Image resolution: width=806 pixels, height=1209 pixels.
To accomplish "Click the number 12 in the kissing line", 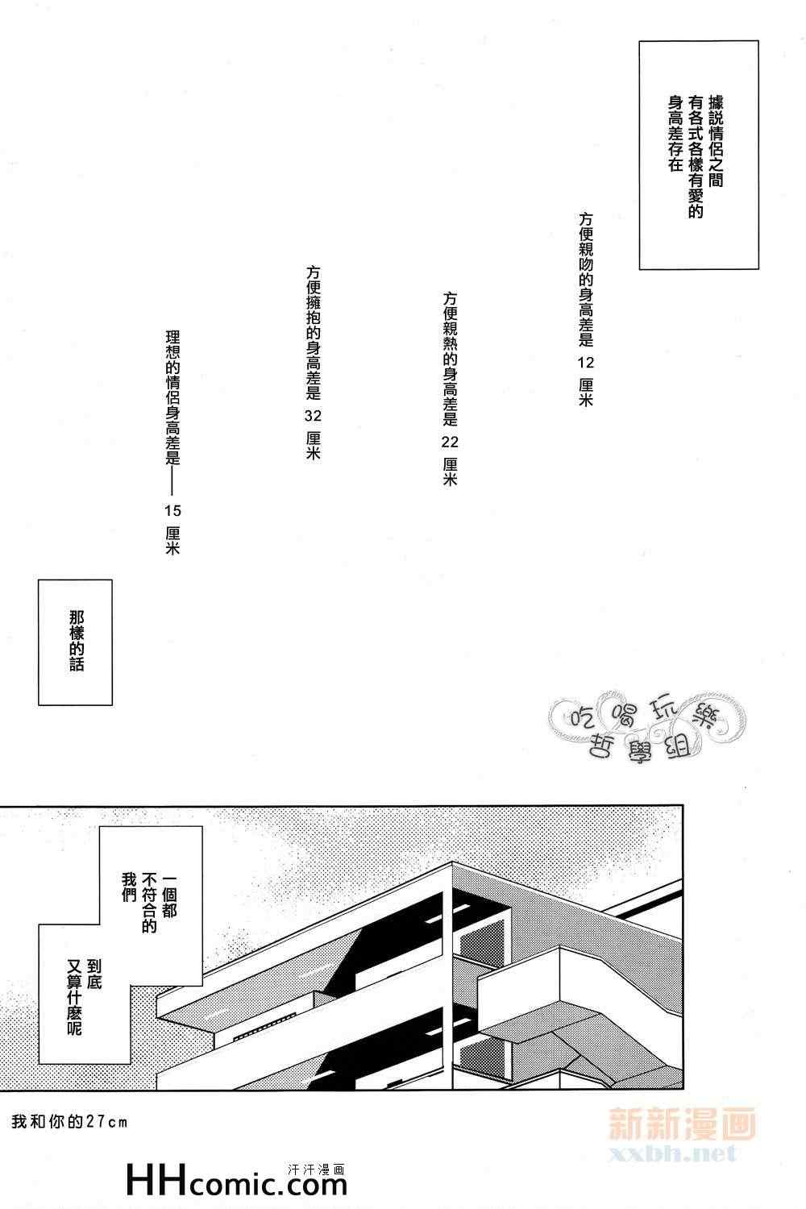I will click(x=586, y=360).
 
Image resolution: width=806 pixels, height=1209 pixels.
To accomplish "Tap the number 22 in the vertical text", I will click(x=450, y=441).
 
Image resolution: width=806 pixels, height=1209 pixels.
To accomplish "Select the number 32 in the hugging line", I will click(x=314, y=415).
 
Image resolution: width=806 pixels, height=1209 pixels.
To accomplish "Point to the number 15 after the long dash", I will click(x=172, y=509).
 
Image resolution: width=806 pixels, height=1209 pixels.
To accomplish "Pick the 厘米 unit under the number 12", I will click(x=586, y=393).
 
